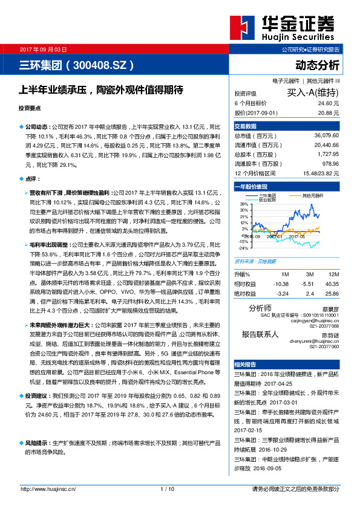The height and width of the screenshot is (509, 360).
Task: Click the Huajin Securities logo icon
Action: (243, 25)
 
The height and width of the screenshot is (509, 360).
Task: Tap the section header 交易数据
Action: (246, 126)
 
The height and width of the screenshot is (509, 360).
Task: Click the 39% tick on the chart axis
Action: (243, 205)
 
